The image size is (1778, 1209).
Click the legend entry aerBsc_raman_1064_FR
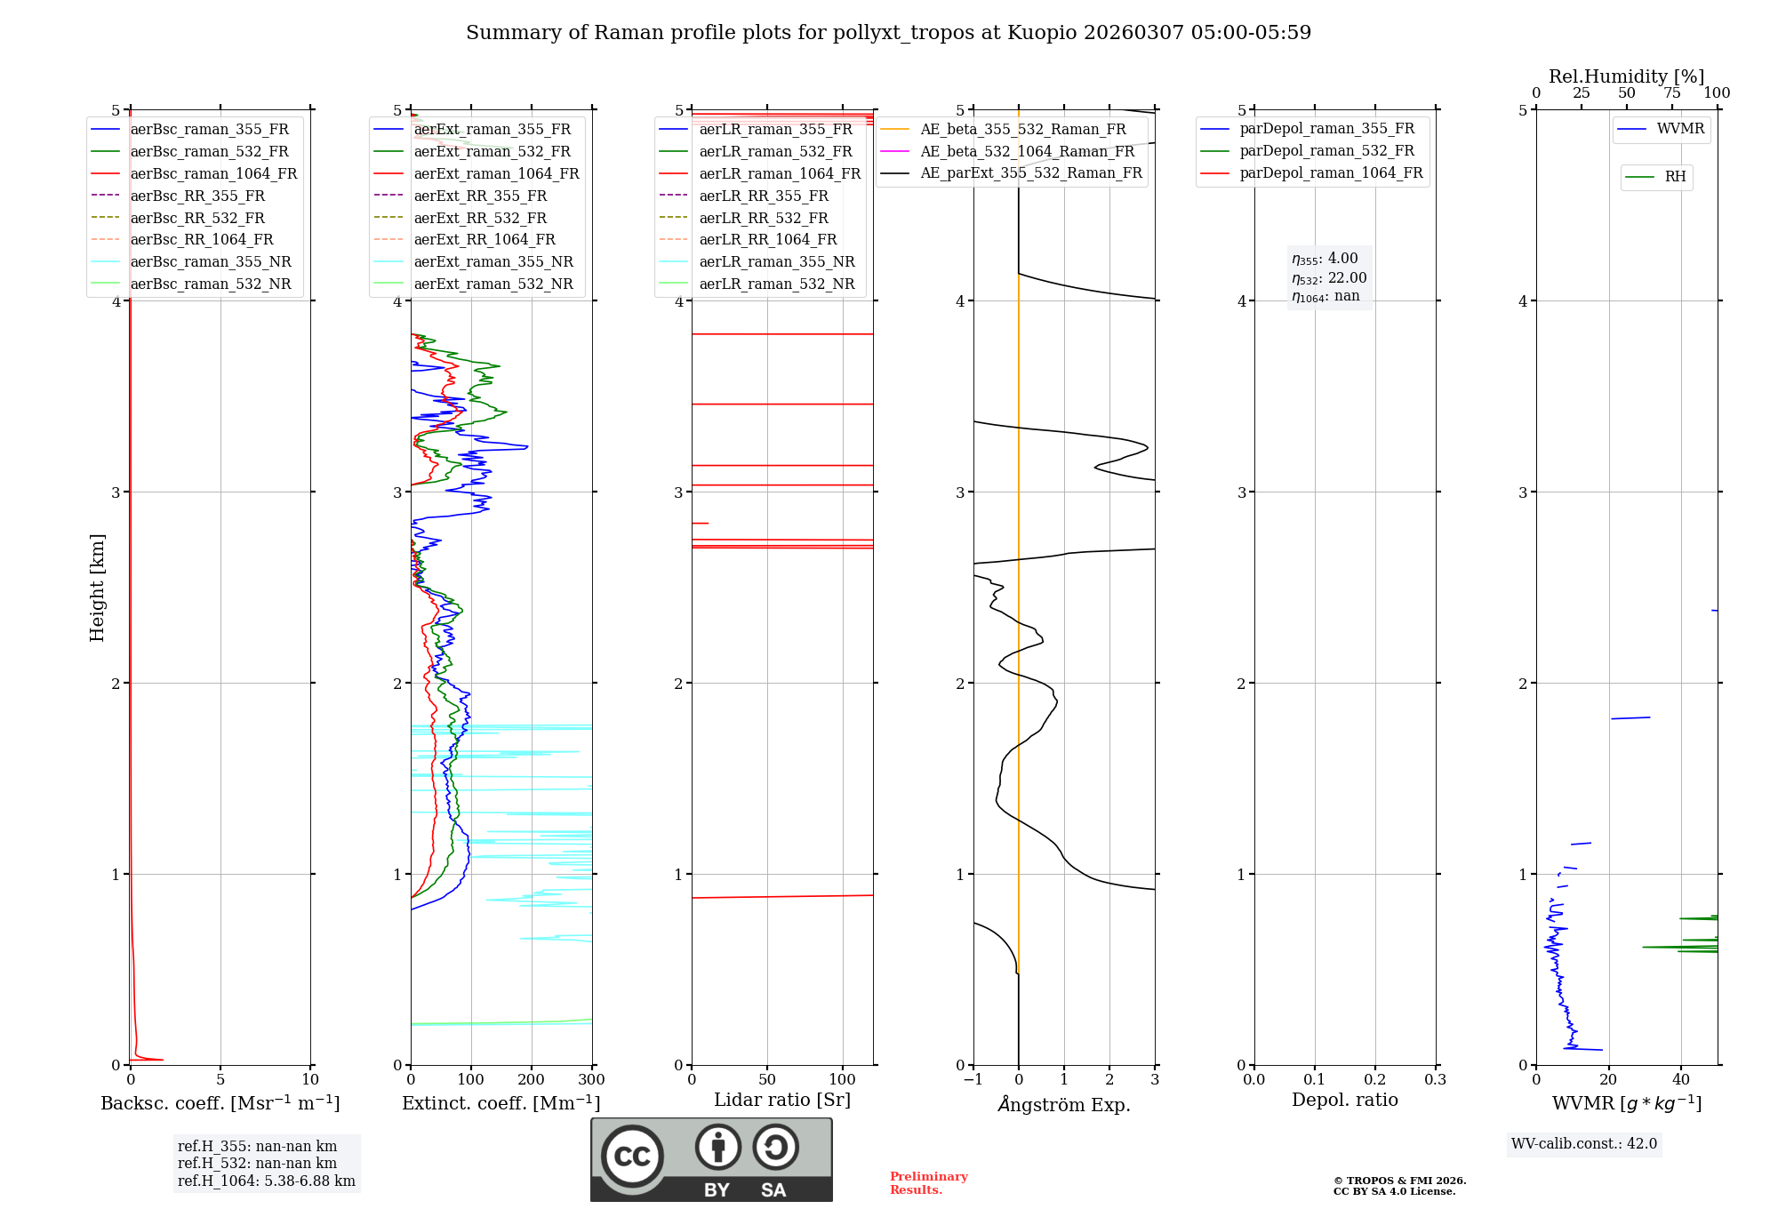click(213, 173)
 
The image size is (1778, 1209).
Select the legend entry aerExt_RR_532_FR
click(480, 218)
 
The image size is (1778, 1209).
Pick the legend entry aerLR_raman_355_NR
click(776, 261)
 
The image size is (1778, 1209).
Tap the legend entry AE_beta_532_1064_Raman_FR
click(1027, 151)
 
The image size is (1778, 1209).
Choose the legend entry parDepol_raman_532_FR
click(1326, 151)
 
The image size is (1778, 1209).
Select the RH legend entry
click(1675, 177)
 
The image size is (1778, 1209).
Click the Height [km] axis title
click(97, 588)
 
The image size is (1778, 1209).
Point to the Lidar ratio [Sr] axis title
click(781, 1100)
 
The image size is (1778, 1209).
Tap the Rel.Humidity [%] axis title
click(1626, 76)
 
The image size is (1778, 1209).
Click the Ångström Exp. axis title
click(1063, 1104)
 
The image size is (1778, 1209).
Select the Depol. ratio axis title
click(1344, 1100)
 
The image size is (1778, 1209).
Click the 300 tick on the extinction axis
click(591, 1080)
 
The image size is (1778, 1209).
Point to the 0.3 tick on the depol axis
click(1435, 1080)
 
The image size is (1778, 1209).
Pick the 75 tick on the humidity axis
click(1671, 93)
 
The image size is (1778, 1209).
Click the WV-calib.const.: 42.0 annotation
click(1583, 1143)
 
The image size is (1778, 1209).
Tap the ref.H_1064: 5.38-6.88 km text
click(266, 1181)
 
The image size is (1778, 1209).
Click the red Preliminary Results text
click(928, 1183)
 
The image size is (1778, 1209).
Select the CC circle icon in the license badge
click(632, 1156)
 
